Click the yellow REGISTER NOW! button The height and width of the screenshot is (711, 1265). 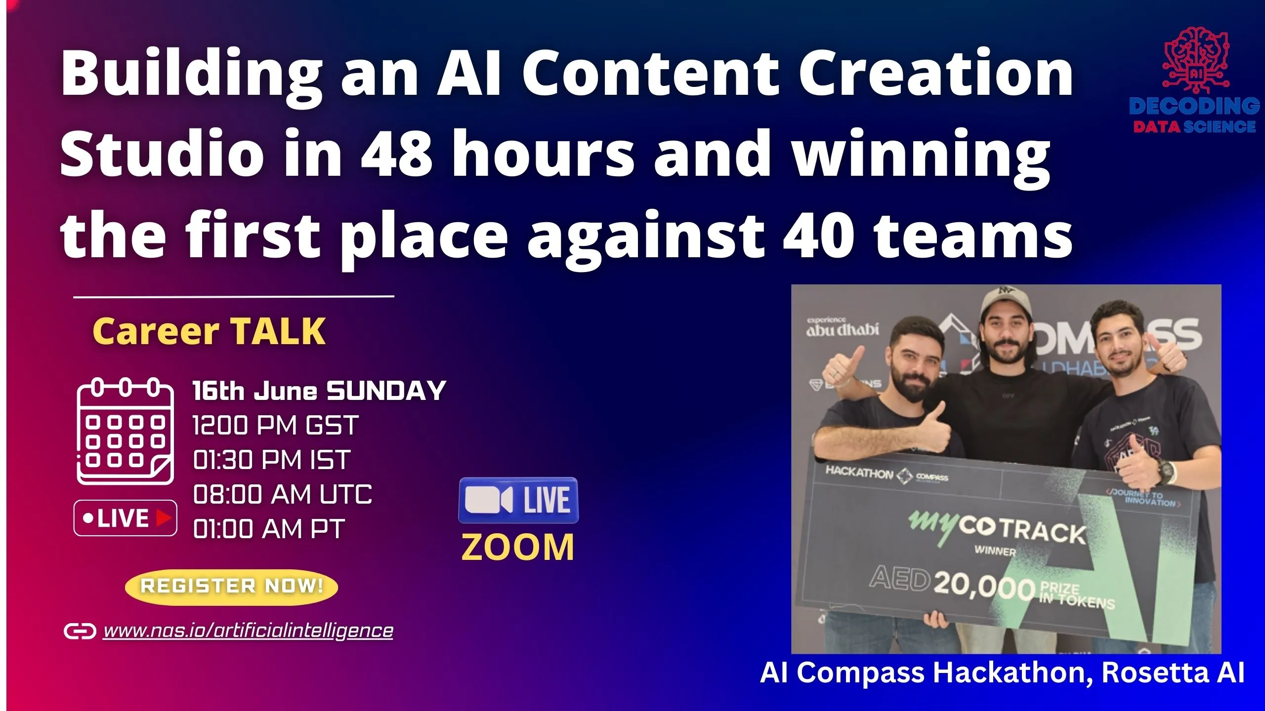231,587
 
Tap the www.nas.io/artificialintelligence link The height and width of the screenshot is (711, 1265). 248,631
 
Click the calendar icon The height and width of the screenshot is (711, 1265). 125,431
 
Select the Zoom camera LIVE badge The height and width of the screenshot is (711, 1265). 518,500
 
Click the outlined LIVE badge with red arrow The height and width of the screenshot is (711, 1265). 126,518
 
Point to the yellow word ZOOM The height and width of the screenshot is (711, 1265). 518,548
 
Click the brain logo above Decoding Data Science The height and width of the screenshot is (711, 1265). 1195,60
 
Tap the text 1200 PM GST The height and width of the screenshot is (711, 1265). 275,426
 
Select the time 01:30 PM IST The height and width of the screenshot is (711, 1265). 272,460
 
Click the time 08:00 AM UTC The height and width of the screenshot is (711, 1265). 282,495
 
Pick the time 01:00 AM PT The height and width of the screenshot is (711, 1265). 269,529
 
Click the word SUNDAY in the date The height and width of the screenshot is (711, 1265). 386,391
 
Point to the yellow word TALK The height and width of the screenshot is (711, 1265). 278,331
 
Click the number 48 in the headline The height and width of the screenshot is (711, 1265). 397,153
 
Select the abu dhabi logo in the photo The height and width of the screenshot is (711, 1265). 843,327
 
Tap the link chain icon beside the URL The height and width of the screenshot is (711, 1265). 80,631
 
